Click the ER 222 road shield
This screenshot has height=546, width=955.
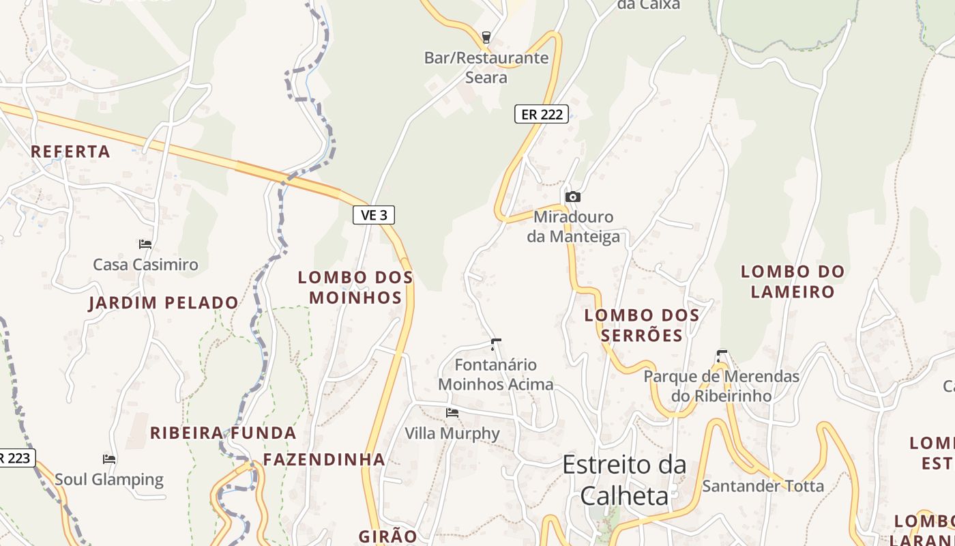click(542, 115)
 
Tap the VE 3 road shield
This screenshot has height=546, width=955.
click(374, 215)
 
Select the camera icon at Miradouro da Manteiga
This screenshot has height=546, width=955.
click(573, 197)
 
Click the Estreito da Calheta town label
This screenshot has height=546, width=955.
click(624, 480)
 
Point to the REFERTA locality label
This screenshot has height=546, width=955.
click(70, 152)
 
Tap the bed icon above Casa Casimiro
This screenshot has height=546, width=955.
click(145, 244)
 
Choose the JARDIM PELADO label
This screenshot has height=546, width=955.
click(164, 303)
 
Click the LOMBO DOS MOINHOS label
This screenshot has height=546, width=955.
click(355, 287)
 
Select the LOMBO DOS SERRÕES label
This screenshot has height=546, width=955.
click(642, 325)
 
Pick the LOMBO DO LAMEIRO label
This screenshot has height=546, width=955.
click(793, 281)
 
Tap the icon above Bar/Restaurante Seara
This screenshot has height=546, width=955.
click(486, 37)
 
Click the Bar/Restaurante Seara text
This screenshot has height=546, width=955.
click(486, 68)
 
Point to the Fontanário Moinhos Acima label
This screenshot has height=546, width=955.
click(496, 375)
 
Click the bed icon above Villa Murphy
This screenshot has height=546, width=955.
click(452, 413)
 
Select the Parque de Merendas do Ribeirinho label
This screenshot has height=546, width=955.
click(722, 386)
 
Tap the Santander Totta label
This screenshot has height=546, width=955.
click(763, 486)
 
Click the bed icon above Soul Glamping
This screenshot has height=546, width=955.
click(109, 459)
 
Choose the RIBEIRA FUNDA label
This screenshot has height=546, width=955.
click(223, 433)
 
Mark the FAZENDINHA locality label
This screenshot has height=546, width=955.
click(324, 459)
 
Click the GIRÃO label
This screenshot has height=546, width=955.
click(387, 536)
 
